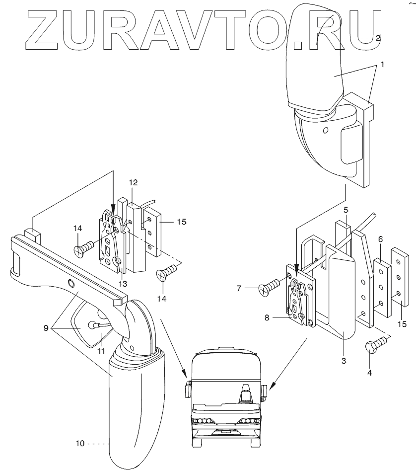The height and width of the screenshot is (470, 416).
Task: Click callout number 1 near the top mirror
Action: coord(382,65)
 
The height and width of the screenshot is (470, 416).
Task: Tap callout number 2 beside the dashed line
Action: coord(378,38)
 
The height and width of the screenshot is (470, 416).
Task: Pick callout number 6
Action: coord(380,239)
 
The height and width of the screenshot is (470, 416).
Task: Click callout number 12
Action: coord(133,182)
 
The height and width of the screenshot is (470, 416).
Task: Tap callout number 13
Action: coord(123,284)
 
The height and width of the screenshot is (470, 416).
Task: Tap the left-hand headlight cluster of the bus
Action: coord(202,421)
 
